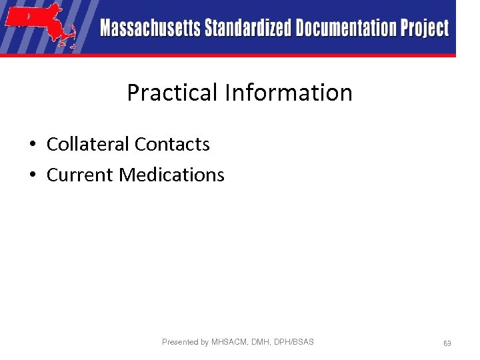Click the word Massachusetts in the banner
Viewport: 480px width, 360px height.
click(x=150, y=29)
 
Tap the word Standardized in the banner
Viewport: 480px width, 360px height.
click(x=247, y=29)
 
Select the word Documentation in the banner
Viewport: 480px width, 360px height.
click(x=346, y=29)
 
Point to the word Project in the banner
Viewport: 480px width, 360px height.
click(x=425, y=29)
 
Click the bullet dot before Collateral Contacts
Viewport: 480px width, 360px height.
click(x=32, y=145)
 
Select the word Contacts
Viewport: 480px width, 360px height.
click(x=172, y=144)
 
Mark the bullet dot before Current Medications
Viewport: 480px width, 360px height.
click(x=32, y=175)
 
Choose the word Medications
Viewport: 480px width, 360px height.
click(x=172, y=175)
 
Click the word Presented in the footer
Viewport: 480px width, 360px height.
click(x=180, y=342)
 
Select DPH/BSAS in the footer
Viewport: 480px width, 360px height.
click(x=295, y=342)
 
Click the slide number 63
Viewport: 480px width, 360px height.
click(x=447, y=343)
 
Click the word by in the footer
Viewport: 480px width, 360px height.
click(x=205, y=343)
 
